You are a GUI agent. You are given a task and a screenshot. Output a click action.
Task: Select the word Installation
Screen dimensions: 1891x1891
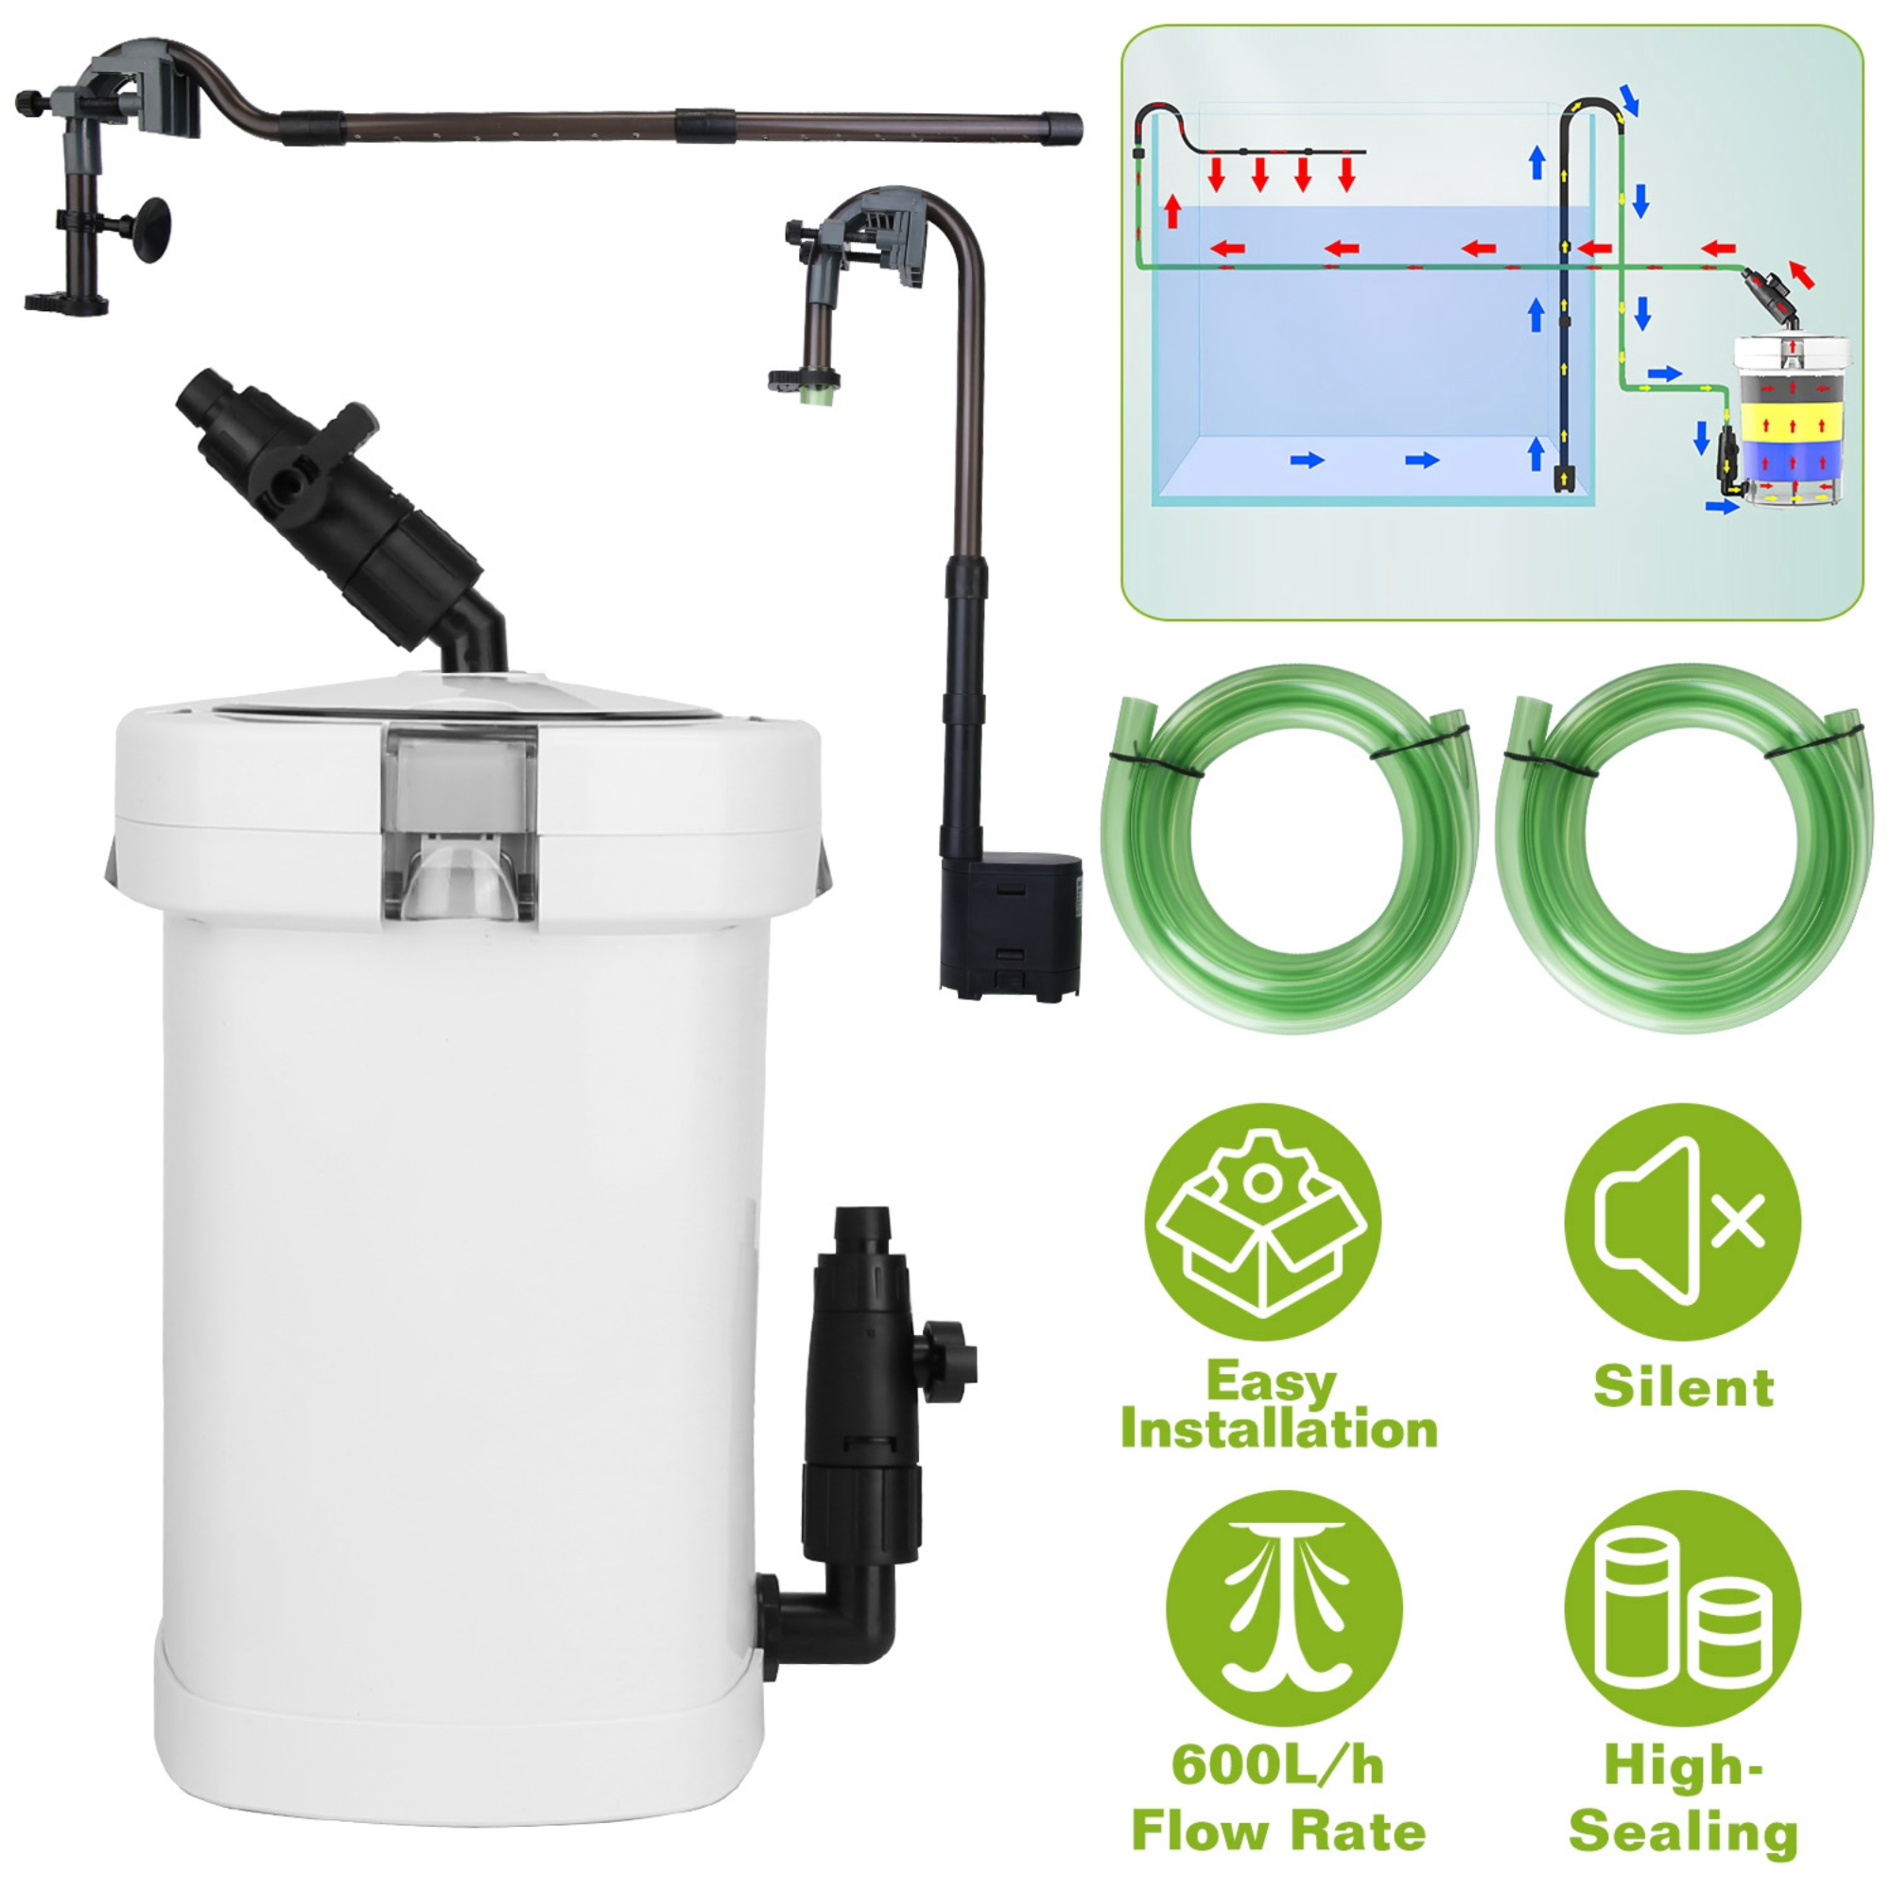tap(1278, 1430)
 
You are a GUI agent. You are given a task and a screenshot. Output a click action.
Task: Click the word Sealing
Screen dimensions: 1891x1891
tap(1683, 1832)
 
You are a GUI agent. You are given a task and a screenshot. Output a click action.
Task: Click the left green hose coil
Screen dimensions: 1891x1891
tap(1290, 846)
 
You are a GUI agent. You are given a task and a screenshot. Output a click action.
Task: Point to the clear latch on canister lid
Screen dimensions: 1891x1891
tap(460, 823)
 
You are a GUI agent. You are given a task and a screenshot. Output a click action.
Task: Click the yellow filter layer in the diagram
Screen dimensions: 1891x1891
tap(1792, 426)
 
